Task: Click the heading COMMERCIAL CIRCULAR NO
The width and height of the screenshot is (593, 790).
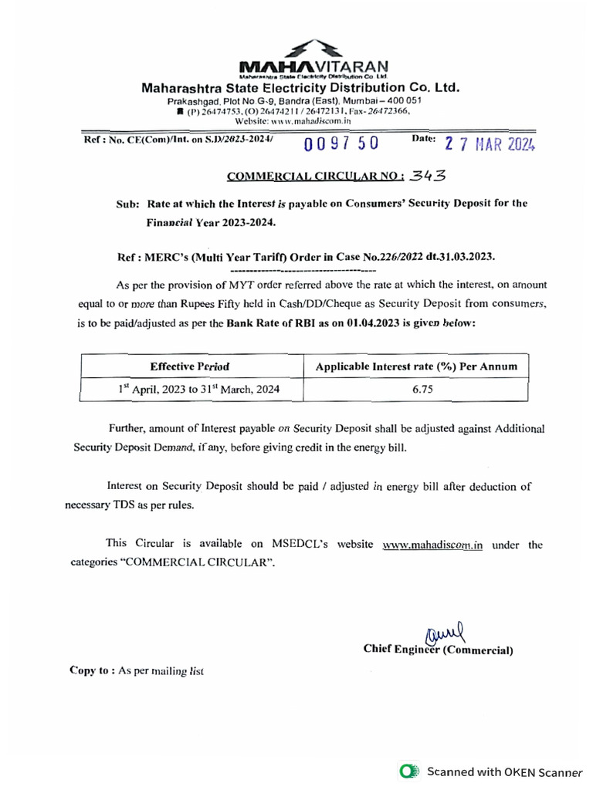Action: pos(315,176)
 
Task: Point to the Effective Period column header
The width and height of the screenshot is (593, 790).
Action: pos(189,366)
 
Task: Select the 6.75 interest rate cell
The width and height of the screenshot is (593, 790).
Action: pos(416,390)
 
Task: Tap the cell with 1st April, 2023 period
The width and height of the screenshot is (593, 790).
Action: pos(198,390)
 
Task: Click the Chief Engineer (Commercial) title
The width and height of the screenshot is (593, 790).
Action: pos(438,650)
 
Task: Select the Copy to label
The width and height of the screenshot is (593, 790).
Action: pos(92,671)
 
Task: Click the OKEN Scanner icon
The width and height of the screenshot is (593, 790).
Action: pos(408,771)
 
